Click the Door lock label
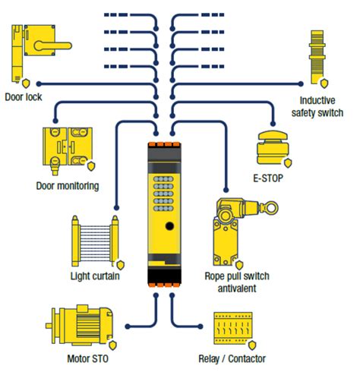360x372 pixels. pyautogui.click(x=24, y=97)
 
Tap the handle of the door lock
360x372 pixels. pyautogui.click(x=53, y=46)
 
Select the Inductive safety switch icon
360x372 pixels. pyautogui.click(x=317, y=58)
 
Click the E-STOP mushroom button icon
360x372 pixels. pyautogui.click(x=273, y=147)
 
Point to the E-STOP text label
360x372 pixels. pyautogui.click(x=268, y=178)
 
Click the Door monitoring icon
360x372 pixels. pyautogui.click(x=68, y=150)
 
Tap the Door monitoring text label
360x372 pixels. pyautogui.click(x=68, y=186)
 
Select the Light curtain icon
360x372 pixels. pyautogui.click(x=96, y=241)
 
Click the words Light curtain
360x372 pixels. pyautogui.click(x=95, y=276)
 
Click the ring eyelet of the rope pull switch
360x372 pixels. pyautogui.click(x=270, y=208)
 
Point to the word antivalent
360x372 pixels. pyautogui.click(x=237, y=288)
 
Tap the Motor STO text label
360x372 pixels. pyautogui.click(x=87, y=358)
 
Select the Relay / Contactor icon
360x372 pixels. pyautogui.click(x=233, y=329)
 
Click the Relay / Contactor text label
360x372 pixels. pyautogui.click(x=232, y=358)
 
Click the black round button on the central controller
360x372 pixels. pyautogui.click(x=169, y=226)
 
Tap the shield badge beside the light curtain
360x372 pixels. pyautogui.click(x=121, y=265)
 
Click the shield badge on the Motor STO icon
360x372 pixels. pyautogui.click(x=112, y=345)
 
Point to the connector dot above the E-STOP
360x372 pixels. pyautogui.click(x=273, y=124)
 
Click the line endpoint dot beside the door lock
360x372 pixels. pyautogui.click(x=39, y=84)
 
